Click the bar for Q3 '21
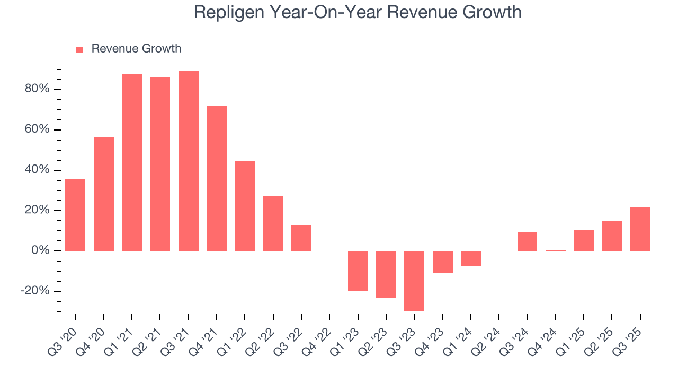[x=188, y=160]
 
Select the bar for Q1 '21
[x=132, y=162]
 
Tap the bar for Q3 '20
[x=75, y=215]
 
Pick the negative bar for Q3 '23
[x=414, y=281]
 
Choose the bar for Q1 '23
[x=358, y=271]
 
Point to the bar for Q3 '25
[x=640, y=229]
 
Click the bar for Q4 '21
[x=217, y=178]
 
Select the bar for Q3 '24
[x=527, y=241]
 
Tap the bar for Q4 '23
[x=442, y=262]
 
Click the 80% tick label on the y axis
[x=37, y=89]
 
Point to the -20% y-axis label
[x=35, y=291]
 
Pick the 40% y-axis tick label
[x=37, y=170]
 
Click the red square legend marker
[x=79, y=49]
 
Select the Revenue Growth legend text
[x=136, y=49]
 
